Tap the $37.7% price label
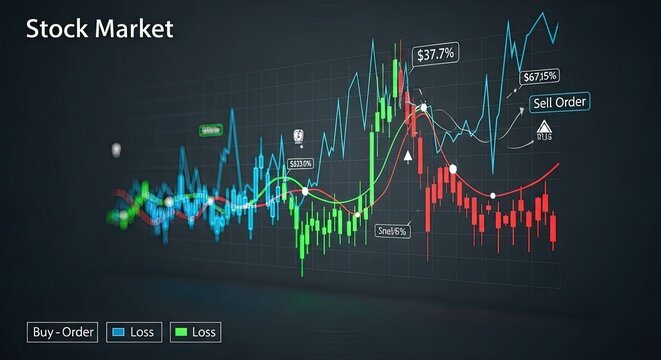437,54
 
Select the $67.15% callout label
540,76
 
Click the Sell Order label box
560,101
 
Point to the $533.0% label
300,163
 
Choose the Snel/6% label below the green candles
393,231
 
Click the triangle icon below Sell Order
544,126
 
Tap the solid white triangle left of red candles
408,156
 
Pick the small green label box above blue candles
210,130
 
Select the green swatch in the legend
181,331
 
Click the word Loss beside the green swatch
205,331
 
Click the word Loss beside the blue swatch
142,331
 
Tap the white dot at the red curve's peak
424,107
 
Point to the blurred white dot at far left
116,149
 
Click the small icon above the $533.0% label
297,139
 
